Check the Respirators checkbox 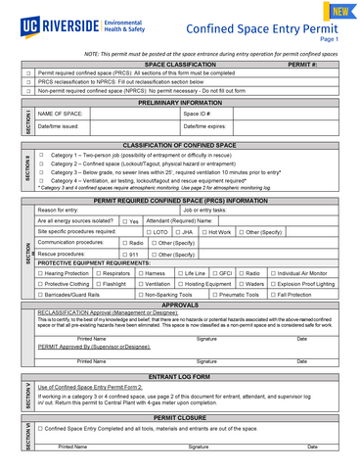(x=99, y=273)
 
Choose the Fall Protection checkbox (x=273, y=294)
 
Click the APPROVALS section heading (x=180, y=305)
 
